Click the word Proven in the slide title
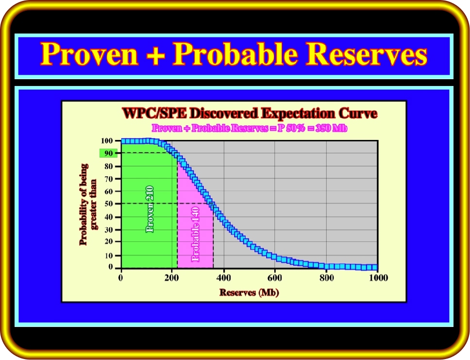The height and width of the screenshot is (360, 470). (89, 54)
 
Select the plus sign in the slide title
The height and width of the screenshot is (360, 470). (155, 54)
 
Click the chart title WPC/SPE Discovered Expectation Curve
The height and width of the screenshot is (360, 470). (250, 113)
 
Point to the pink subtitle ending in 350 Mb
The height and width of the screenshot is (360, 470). (250, 128)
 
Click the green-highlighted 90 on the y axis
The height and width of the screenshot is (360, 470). (108, 154)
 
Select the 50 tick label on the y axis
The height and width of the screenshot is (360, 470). (108, 204)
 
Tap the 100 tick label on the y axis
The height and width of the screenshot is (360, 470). (107, 141)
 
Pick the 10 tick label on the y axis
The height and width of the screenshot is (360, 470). (108, 256)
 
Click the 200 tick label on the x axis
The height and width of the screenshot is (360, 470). (171, 278)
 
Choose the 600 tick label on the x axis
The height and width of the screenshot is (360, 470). (274, 278)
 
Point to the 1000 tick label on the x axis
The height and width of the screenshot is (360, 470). (378, 278)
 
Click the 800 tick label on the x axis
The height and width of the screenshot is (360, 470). (326, 278)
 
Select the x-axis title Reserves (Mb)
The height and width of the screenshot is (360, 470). (250, 292)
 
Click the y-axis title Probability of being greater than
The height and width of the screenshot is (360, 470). (88, 205)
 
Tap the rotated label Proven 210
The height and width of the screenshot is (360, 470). (150, 209)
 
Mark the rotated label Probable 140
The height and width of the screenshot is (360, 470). (195, 234)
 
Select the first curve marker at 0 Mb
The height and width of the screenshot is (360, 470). (124, 141)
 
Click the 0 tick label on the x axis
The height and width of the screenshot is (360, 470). (120, 278)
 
